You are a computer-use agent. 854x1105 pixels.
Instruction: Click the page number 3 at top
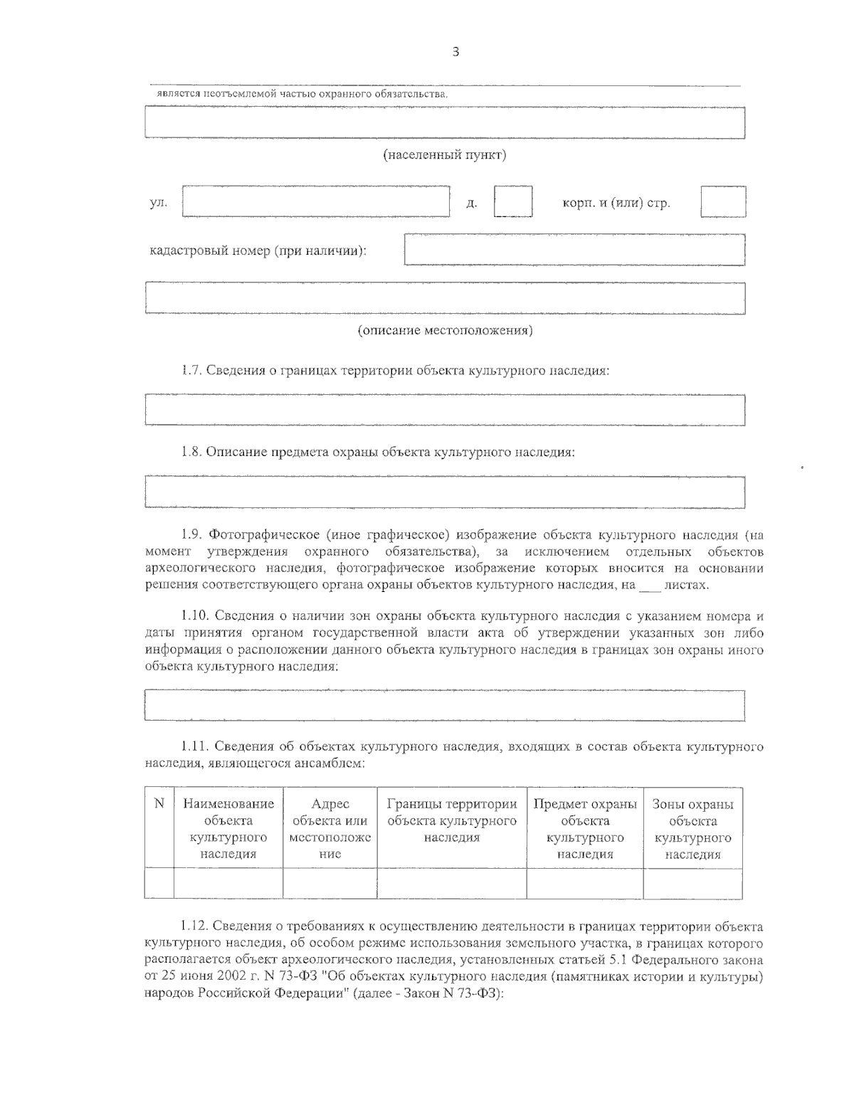coord(455,51)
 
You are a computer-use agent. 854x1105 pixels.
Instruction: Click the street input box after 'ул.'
coord(316,201)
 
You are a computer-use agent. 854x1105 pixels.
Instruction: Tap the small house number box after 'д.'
coord(513,201)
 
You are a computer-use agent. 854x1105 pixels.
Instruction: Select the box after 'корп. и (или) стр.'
coord(723,201)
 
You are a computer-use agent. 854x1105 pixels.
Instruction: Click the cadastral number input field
coord(574,250)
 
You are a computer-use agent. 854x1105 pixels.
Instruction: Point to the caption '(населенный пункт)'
coord(445,155)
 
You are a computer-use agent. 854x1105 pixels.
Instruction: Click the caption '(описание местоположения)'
coord(445,330)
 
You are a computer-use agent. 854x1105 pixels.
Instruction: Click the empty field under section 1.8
coord(445,492)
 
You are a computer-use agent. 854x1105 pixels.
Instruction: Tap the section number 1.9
coord(191,534)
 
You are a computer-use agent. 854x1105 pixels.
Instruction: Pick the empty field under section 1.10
coord(445,705)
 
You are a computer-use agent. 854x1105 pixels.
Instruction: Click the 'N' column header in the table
coord(159,804)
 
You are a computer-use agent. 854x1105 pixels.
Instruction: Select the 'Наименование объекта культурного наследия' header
coord(228,829)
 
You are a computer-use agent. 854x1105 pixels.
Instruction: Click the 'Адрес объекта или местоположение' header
coord(330,829)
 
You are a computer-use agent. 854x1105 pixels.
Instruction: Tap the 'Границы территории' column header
coord(452,820)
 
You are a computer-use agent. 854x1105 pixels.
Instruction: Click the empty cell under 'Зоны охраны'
coord(692,884)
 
